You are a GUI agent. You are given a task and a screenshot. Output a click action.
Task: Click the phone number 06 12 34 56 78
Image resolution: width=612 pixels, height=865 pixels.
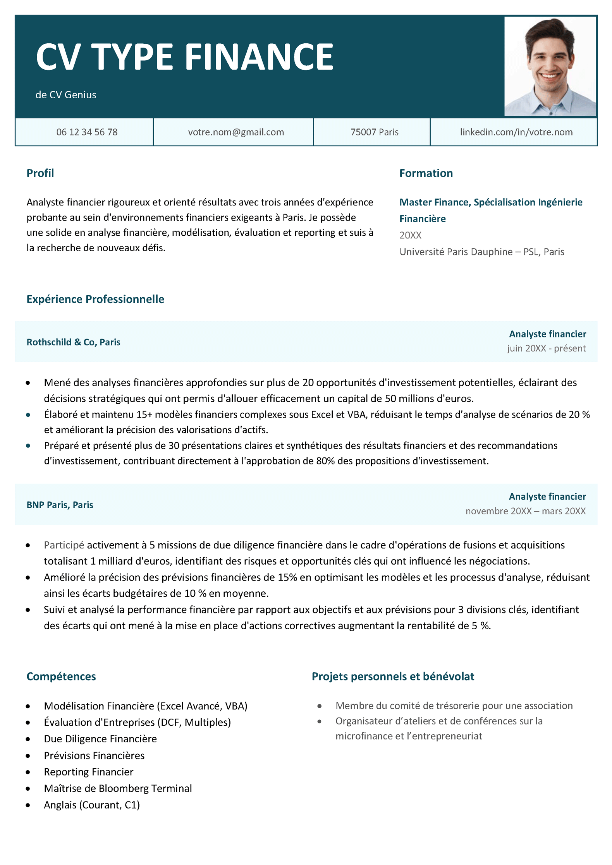[x=87, y=132]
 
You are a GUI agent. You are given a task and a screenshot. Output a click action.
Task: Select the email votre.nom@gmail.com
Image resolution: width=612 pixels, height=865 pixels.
[x=236, y=132]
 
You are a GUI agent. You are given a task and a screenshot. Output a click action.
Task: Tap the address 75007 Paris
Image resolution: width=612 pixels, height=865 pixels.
[x=374, y=132]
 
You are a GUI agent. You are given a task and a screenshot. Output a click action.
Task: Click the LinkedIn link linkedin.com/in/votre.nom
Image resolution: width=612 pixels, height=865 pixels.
[x=516, y=132]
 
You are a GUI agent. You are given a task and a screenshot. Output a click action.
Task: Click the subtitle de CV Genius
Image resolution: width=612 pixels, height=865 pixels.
[x=66, y=95]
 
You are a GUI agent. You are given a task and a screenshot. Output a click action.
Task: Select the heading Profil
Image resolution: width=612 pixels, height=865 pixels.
[x=40, y=173]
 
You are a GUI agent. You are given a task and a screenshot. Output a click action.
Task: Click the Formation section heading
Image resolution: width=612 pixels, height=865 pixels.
[x=426, y=173]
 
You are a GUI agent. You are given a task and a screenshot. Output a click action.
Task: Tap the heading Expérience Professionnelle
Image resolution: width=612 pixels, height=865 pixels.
[x=95, y=299]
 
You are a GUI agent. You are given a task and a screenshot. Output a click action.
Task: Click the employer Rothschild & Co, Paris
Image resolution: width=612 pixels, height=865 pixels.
[x=73, y=342]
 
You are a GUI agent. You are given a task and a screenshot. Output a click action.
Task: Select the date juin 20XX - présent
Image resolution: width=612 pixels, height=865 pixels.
[x=546, y=348]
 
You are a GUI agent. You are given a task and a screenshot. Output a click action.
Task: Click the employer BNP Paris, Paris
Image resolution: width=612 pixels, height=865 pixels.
[x=60, y=505]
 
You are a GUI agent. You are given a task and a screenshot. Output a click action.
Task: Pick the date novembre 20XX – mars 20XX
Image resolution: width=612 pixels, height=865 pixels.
[x=525, y=511]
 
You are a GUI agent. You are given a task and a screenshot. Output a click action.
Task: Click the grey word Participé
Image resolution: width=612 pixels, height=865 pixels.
[x=64, y=545]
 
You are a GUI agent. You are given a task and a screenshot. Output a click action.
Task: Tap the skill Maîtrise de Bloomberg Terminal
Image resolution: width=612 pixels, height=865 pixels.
[x=118, y=788]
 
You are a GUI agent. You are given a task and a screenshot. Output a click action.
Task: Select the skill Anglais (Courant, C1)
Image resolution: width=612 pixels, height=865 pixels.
[x=92, y=805]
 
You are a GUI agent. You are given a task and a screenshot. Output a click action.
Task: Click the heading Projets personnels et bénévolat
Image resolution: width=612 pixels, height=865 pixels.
[x=393, y=676]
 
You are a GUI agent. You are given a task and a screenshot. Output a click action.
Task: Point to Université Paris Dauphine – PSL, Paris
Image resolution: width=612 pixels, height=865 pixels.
[x=481, y=252]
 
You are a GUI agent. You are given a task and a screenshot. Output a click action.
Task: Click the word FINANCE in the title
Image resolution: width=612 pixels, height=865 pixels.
[x=259, y=57]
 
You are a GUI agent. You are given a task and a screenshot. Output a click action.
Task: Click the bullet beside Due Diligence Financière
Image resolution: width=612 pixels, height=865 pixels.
[x=28, y=739]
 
